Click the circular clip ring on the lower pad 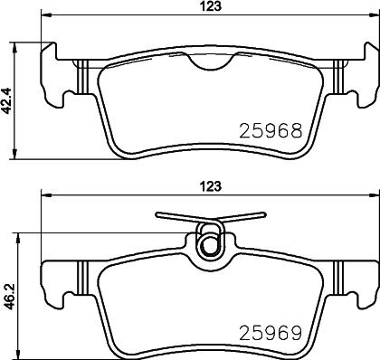pos(209,243)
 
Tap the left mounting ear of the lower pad pos(56,275)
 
